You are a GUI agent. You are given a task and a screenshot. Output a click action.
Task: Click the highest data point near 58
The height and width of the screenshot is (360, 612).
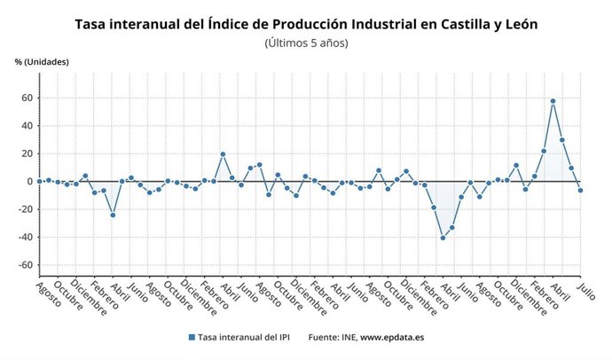point(553,101)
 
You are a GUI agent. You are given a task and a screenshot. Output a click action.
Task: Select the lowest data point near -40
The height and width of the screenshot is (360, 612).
point(443,238)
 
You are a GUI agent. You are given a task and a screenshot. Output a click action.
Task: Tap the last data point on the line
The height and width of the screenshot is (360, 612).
point(581,191)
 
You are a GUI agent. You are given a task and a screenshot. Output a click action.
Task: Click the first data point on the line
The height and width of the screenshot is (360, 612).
point(39,181)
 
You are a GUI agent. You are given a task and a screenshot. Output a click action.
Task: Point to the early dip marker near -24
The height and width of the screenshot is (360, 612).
point(113,215)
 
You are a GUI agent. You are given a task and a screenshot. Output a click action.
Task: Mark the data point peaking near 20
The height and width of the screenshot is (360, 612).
point(223,154)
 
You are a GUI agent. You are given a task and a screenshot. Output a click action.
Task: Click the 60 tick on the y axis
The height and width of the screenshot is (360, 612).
point(27,98)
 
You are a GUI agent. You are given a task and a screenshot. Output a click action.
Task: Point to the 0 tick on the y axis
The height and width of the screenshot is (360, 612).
point(29,182)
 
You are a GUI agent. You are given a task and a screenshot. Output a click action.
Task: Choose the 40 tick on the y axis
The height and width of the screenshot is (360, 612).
point(27,126)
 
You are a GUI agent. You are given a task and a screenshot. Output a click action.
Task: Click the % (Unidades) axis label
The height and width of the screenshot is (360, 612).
point(42,62)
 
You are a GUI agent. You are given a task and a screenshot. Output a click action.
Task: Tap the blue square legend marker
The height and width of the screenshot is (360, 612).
point(191,338)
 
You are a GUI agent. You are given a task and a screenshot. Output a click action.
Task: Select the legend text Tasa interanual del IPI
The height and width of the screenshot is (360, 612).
point(246,338)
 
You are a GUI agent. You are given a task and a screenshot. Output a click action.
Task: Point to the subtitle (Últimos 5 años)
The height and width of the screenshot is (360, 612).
point(306,43)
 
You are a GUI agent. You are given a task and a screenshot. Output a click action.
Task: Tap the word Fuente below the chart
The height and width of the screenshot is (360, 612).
point(325,338)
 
